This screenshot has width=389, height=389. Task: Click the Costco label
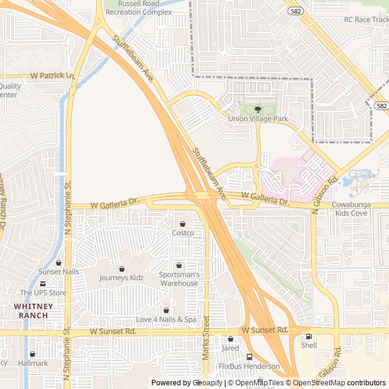point(182,233)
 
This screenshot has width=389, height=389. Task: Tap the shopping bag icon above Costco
point(182,224)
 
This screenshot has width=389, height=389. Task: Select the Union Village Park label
point(258,119)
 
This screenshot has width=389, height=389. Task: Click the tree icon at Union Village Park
point(258,109)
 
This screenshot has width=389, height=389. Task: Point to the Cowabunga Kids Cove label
point(358,210)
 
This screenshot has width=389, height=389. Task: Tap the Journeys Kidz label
point(122,278)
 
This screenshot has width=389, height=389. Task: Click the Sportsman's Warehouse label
point(179,279)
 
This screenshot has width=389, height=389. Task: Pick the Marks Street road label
point(205,337)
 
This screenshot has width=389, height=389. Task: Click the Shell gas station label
point(309,345)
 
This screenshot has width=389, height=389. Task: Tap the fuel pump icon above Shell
point(309,336)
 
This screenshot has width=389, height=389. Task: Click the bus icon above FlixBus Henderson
point(249,357)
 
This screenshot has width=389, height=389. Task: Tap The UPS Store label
point(43,293)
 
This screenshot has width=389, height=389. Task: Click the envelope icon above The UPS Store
point(43,284)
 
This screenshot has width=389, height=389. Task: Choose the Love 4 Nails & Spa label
point(166,319)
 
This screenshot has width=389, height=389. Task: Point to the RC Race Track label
point(366,19)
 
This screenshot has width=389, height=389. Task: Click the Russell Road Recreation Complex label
point(137,7)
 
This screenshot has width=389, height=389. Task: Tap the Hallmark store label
point(33,363)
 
